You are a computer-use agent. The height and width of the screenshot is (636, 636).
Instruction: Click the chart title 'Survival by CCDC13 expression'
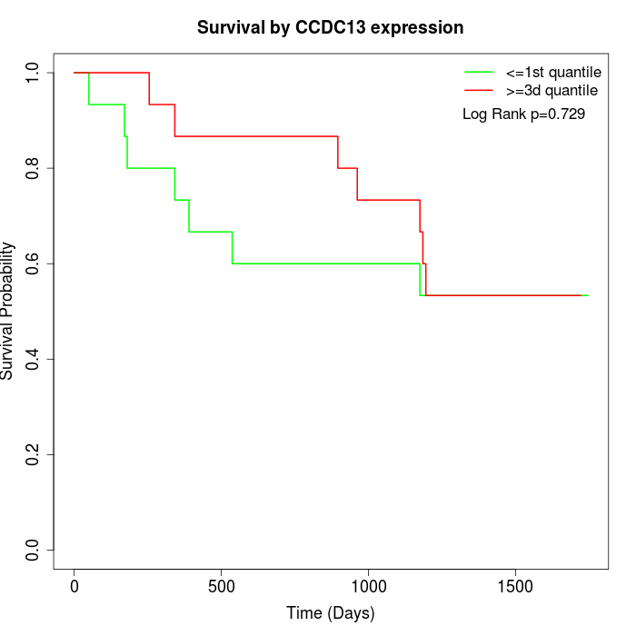tap(331, 28)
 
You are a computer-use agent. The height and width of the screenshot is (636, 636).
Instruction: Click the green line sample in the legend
tap(479, 72)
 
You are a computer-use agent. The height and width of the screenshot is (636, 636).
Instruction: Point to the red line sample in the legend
tap(479, 90)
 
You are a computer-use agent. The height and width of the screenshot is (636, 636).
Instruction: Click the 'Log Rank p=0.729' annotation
tap(523, 114)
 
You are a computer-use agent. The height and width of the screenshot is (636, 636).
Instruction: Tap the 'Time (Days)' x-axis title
tap(331, 614)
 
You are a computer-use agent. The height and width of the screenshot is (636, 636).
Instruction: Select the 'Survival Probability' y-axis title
tap(8, 311)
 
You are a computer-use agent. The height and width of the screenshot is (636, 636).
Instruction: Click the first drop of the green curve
tap(89, 89)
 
